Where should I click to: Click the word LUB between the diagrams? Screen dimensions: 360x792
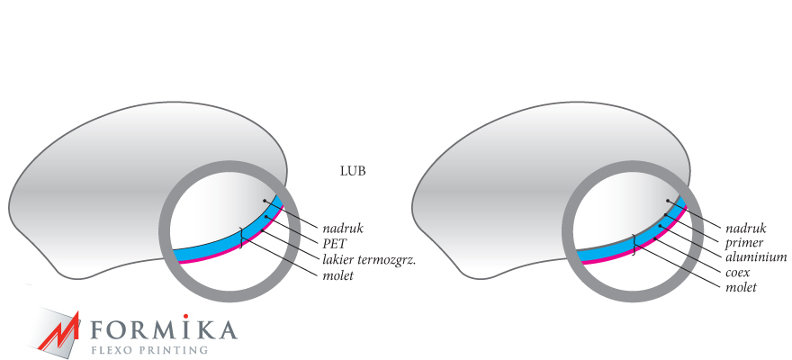(352, 169)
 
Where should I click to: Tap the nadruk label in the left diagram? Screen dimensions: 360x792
(342, 228)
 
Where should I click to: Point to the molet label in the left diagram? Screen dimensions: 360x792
(340, 275)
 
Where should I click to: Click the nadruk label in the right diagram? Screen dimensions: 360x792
(745, 228)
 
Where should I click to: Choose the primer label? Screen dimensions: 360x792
(743, 243)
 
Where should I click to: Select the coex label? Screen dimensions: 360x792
(737, 272)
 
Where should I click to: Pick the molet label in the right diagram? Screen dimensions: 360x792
(741, 287)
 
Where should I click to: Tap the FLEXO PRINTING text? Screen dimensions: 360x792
(149, 349)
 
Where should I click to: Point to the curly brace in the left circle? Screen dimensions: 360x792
(240, 237)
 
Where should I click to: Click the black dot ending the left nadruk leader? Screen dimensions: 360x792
(265, 200)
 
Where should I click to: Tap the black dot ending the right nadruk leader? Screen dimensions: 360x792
(668, 201)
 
